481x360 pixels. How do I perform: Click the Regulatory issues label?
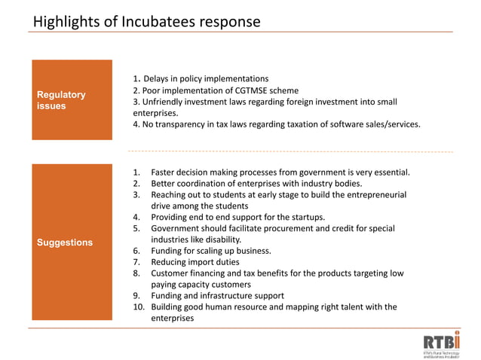[x=61, y=100]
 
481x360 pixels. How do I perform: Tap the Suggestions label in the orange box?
[x=65, y=243]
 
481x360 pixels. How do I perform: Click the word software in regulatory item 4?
[x=344, y=124]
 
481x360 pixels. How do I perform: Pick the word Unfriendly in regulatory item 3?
[x=165, y=102]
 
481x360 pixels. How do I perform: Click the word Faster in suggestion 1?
[x=165, y=172]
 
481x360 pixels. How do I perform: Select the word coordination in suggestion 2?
[x=204, y=184]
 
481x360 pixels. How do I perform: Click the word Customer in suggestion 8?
[x=171, y=273]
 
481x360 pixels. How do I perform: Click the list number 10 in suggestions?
[x=138, y=307]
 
